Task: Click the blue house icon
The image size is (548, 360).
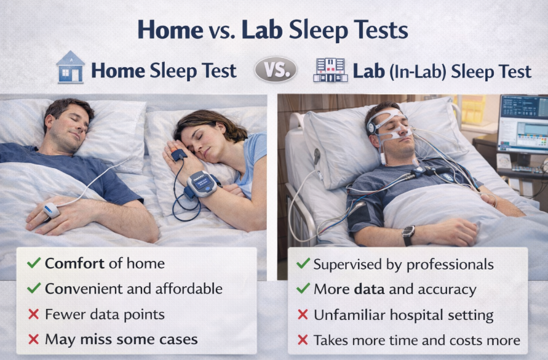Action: [x=71, y=67]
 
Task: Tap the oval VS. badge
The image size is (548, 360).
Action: [x=276, y=70]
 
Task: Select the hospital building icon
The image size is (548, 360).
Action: [x=330, y=70]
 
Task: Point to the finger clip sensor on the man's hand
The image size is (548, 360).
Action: [x=52, y=210]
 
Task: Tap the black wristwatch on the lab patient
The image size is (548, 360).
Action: [x=408, y=234]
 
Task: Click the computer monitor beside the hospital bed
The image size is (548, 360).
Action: [x=523, y=124]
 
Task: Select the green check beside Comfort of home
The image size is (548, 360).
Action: [x=34, y=263]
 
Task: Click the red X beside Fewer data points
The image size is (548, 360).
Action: [x=34, y=314]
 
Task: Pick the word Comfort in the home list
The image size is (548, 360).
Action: [x=74, y=263]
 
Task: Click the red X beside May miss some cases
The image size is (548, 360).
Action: [x=34, y=339]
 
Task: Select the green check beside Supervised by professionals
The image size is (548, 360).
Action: [x=303, y=263]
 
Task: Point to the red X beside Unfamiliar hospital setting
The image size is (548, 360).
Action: [x=303, y=314]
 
